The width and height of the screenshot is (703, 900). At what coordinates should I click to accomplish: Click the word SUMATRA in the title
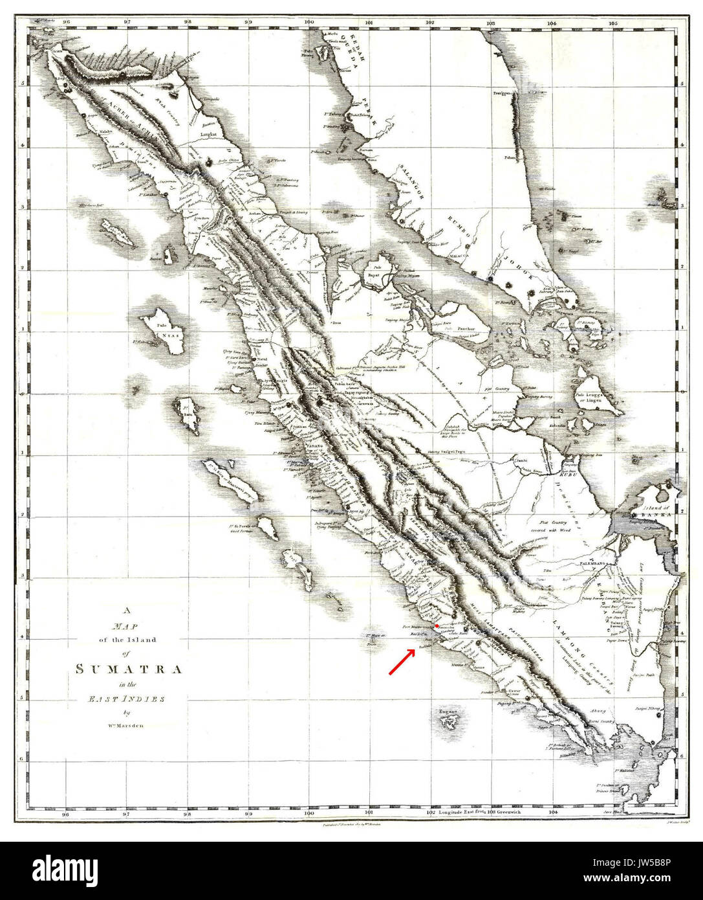click(x=128, y=669)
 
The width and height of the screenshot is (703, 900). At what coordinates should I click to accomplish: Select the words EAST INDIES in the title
click(x=128, y=699)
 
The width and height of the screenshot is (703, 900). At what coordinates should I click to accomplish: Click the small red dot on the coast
click(x=437, y=626)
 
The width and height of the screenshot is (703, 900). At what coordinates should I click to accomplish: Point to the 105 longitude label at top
click(x=612, y=22)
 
